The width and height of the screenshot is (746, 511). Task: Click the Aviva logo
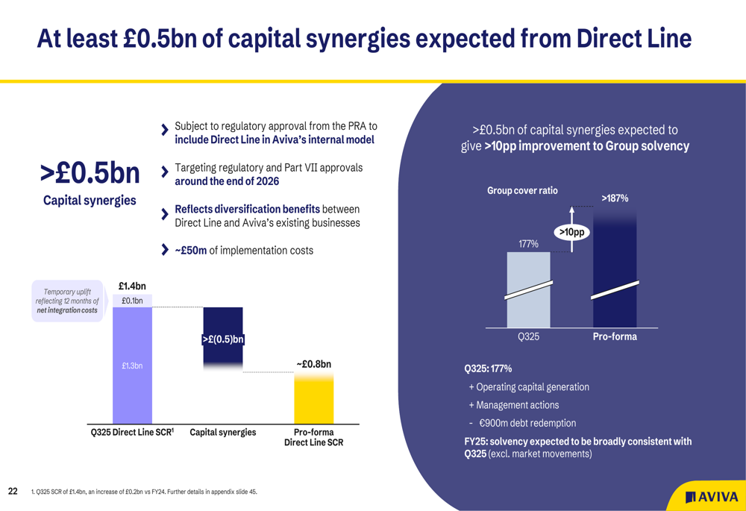click(712, 497)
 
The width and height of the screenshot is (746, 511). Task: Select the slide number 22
click(13, 491)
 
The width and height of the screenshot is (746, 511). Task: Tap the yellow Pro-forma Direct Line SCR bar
click(314, 399)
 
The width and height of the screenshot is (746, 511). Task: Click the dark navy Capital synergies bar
click(222, 336)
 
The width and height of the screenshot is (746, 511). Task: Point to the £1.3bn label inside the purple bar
click(132, 366)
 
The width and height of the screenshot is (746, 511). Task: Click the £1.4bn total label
click(132, 286)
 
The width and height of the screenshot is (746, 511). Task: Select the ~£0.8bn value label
click(313, 364)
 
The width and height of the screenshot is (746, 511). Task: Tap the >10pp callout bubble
click(571, 232)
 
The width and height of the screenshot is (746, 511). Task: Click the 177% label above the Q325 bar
click(528, 243)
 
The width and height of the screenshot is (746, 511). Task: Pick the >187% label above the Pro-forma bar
click(615, 198)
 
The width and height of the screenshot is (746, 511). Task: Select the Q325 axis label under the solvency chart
click(528, 336)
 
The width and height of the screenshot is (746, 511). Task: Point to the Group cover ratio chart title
click(522, 191)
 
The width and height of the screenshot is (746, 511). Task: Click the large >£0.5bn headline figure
click(90, 173)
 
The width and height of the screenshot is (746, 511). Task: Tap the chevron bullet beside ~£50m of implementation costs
click(165, 250)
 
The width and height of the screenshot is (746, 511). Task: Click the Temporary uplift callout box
click(68, 301)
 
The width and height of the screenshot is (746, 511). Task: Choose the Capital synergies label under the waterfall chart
click(222, 433)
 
